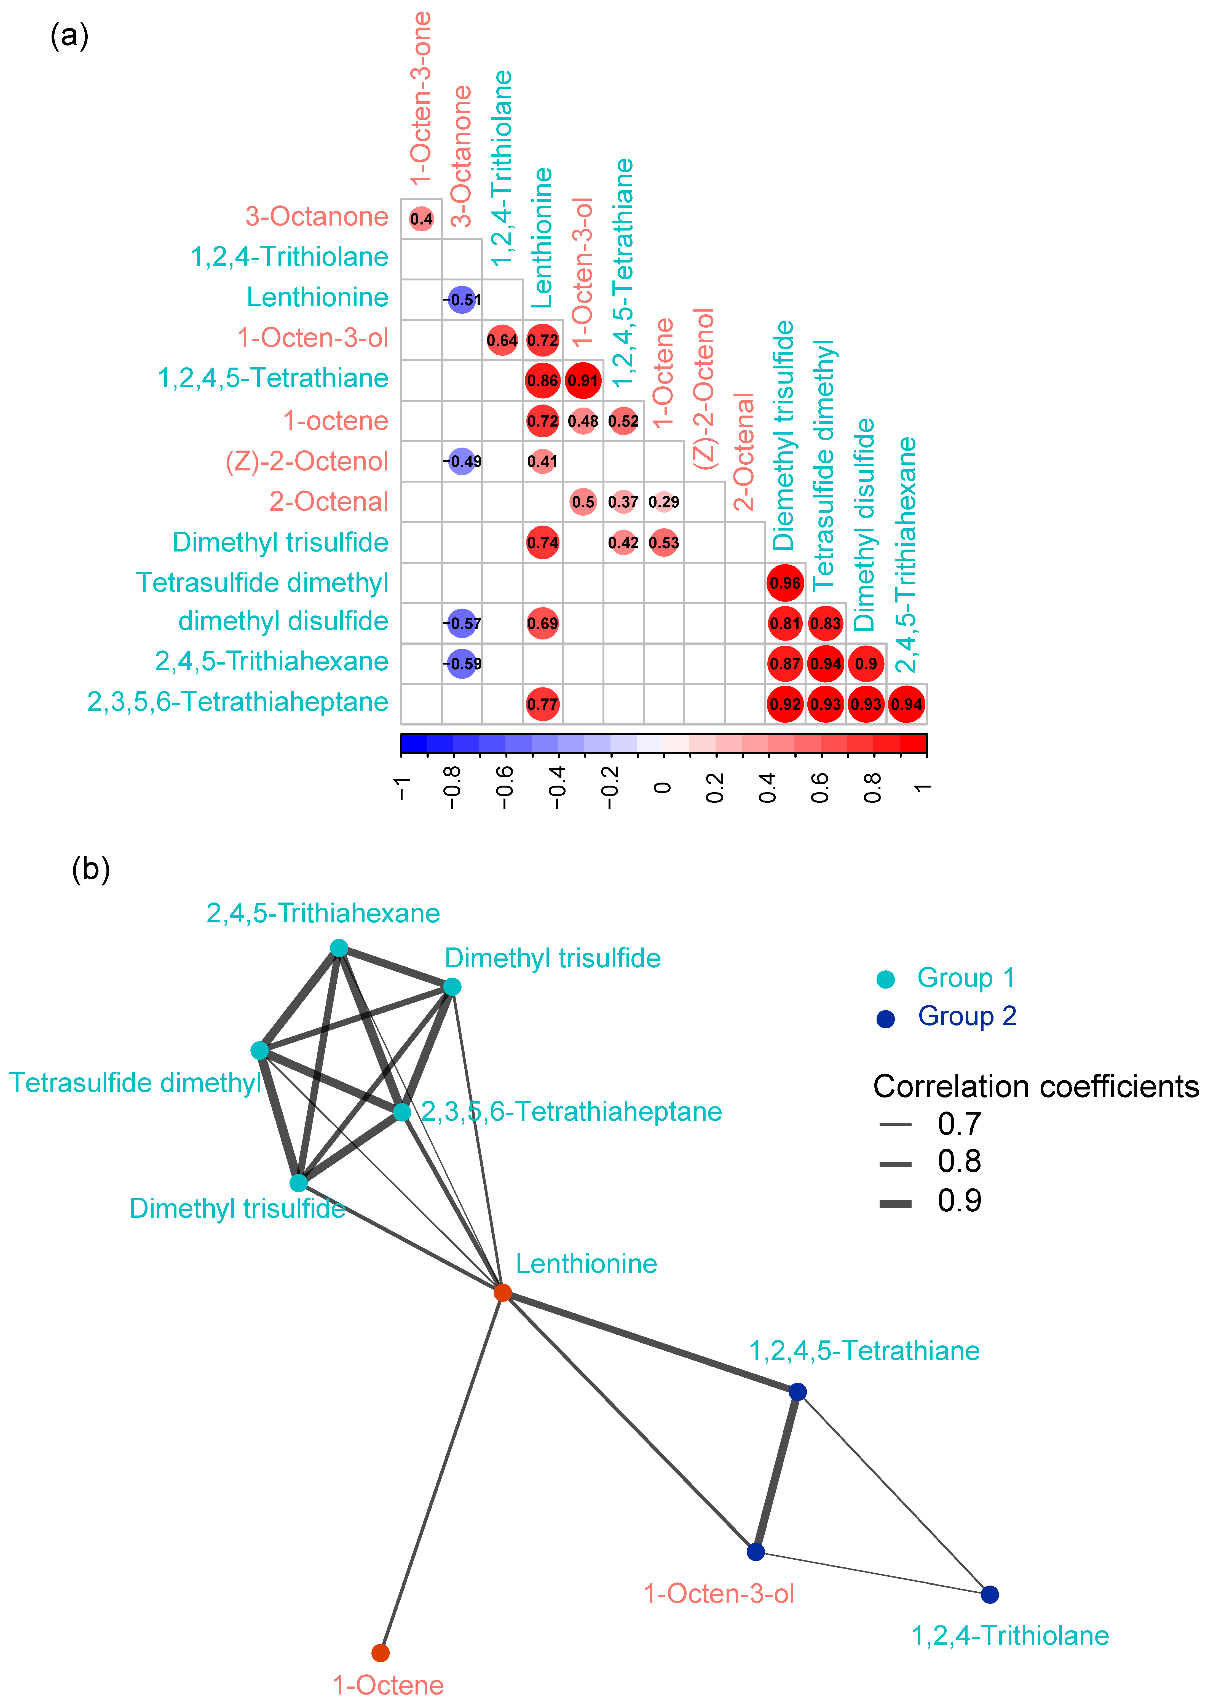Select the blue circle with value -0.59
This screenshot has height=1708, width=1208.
click(462, 663)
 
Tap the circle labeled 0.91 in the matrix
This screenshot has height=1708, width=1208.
click(583, 380)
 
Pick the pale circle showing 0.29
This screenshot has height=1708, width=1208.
click(663, 502)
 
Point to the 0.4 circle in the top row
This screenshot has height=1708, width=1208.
click(421, 219)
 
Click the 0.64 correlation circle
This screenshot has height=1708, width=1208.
click(502, 340)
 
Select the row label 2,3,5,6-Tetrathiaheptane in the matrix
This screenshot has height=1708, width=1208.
click(238, 702)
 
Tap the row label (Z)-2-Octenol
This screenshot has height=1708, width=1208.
click(306, 461)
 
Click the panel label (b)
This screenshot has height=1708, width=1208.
click(91, 868)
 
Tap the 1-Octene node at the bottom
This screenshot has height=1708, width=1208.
click(380, 1653)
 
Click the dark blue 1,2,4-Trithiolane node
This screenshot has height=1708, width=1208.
click(989, 1594)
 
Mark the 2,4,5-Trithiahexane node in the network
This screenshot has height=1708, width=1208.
click(338, 948)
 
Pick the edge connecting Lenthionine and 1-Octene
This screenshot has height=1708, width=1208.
click(442, 1473)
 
